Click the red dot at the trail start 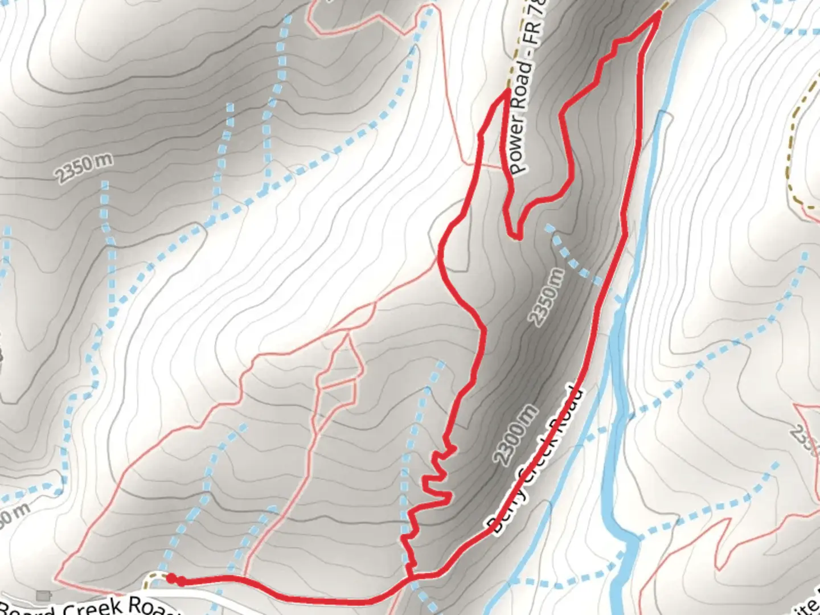170,579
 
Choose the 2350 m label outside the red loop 84,167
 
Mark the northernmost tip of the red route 659,13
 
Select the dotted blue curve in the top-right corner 786,23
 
